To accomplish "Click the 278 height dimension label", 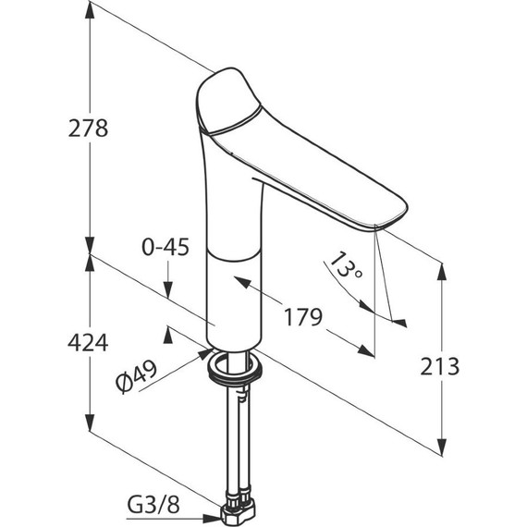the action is (88, 129).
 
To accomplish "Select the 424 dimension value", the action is (88, 342).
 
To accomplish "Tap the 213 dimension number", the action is (439, 366).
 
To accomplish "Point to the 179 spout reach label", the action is (303, 317).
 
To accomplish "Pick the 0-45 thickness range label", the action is (165, 247).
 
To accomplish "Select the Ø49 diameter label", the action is (137, 376).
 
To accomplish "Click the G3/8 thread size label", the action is (153, 505).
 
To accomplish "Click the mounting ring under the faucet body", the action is (235, 367).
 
